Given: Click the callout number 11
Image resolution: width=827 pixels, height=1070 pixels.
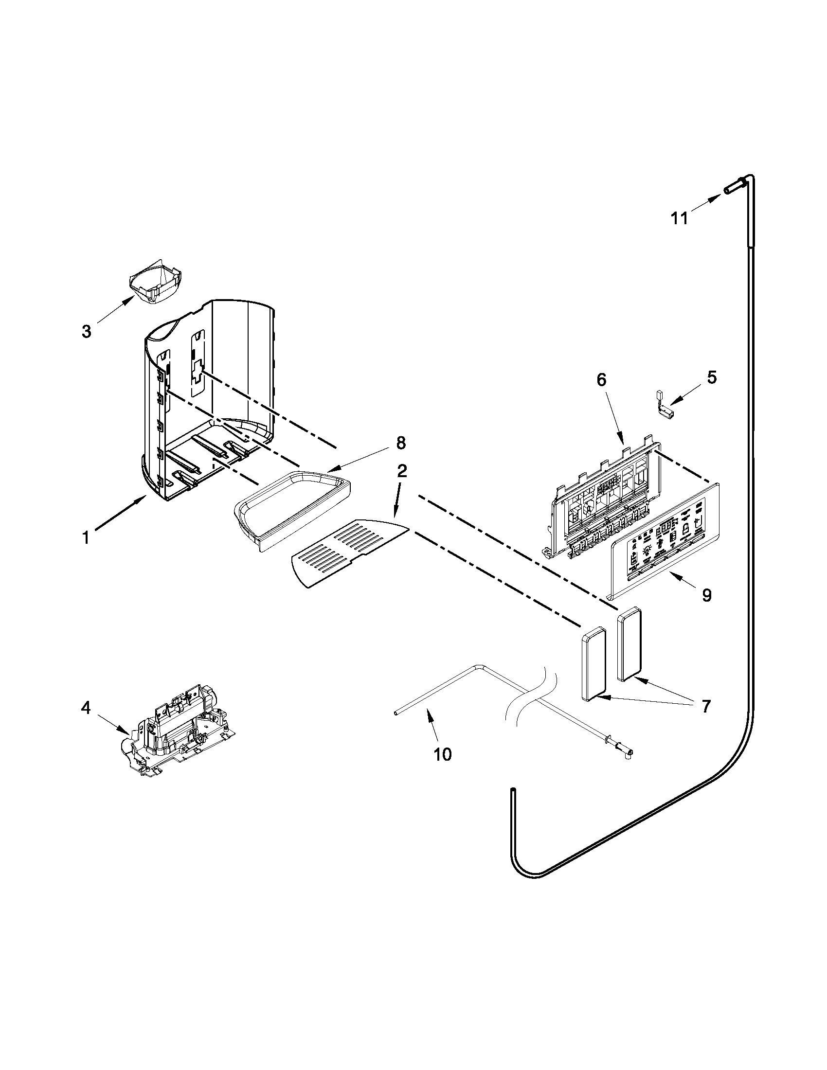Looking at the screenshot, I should (680, 218).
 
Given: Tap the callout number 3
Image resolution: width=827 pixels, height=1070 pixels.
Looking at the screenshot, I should (86, 332).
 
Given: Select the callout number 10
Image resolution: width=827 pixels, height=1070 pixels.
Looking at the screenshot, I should (442, 754).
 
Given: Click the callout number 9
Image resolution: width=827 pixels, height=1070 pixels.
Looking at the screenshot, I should (706, 595).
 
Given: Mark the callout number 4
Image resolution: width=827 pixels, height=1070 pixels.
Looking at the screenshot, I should (86, 708).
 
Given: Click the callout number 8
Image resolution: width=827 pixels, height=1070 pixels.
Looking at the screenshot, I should (401, 443).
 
